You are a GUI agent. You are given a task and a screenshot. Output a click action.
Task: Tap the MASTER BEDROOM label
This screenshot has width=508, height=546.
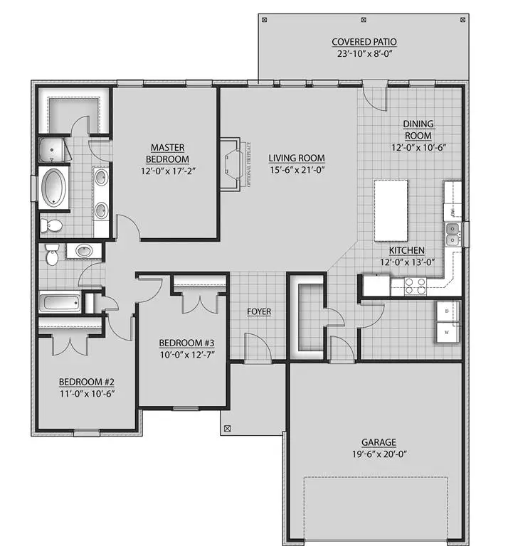point(168,153)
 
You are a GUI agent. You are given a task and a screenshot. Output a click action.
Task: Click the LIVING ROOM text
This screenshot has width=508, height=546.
point(297,159)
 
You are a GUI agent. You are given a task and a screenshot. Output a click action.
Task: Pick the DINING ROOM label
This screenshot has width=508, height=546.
point(419,129)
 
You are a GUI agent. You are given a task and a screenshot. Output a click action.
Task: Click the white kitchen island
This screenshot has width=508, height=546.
point(391,210)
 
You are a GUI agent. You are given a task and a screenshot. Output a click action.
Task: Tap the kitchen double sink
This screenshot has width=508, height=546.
point(453,232)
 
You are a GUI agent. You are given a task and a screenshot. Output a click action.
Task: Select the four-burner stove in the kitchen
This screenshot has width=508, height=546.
point(415,286)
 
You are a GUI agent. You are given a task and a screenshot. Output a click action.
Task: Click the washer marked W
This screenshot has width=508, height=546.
point(448,332)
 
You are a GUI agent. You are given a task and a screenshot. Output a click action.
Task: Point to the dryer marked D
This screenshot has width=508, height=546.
point(448,312)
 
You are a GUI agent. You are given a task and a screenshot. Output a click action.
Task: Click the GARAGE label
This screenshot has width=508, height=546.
point(378,441)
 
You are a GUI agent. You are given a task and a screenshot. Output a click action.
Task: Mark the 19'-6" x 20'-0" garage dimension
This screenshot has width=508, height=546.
point(378,454)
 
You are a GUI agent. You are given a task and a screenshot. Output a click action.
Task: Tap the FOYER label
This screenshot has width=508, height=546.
point(258,311)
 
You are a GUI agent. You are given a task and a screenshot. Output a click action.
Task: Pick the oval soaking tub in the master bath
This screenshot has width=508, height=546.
point(53,188)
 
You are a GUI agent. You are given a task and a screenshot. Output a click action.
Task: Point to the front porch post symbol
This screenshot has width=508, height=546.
point(228,429)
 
